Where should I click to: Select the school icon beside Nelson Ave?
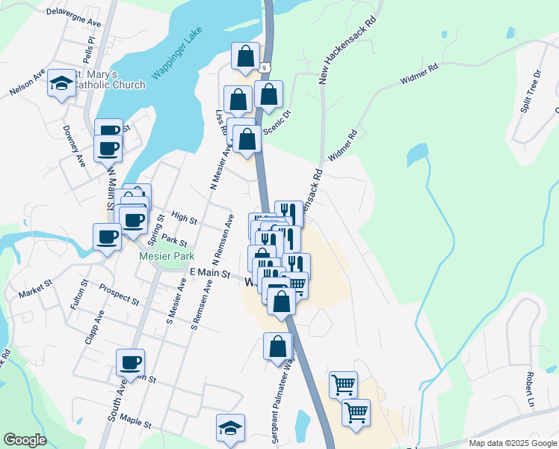pyautogui.click(x=61, y=84)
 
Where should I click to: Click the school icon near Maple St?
pyautogui.click(x=230, y=427)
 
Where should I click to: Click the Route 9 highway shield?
pyautogui.click(x=265, y=67)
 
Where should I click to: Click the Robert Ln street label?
pyautogui.click(x=530, y=386)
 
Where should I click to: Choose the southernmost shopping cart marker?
pyautogui.click(x=356, y=412)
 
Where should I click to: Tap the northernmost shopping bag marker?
pyautogui.click(x=245, y=55)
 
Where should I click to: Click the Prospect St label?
pyautogui.click(x=119, y=296)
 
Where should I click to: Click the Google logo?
pyautogui.click(x=25, y=440)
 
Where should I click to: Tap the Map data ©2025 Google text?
pyautogui.click(x=512, y=443)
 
